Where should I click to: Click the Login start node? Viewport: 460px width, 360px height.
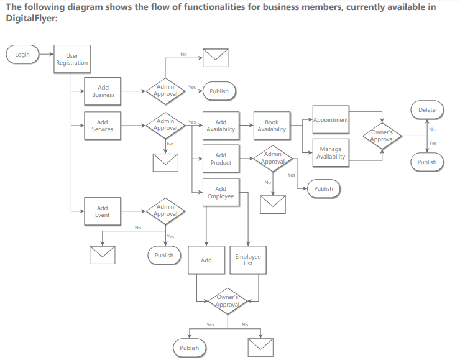point(22,54)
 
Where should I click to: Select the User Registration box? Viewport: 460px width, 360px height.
point(72,59)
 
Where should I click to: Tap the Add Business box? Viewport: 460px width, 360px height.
point(103,91)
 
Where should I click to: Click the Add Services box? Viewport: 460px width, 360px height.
point(103,126)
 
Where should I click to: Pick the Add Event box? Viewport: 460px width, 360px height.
point(103,211)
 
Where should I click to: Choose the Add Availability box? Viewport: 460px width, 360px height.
point(221,126)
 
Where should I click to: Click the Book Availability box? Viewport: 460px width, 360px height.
point(272,126)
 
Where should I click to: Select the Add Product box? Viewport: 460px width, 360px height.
point(221,159)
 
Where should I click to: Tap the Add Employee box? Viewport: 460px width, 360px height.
point(221,193)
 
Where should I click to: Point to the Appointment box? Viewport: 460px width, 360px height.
point(331,120)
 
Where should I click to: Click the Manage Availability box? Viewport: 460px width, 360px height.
point(331,153)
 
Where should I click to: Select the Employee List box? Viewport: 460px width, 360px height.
point(248,260)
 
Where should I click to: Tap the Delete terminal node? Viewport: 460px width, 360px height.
point(427,110)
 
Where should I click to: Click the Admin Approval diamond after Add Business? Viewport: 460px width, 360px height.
point(165,91)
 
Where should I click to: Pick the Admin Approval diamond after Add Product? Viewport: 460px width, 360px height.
point(273,159)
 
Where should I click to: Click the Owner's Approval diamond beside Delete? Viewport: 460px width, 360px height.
point(382,136)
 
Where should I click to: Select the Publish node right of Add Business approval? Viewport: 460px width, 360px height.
point(219,91)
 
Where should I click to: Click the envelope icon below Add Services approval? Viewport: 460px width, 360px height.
point(165,162)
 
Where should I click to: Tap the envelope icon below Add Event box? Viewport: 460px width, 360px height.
point(103,255)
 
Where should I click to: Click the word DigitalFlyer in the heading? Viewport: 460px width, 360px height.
point(32,18)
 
